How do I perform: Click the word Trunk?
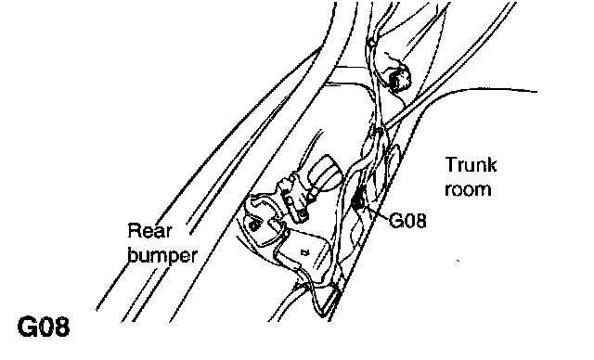click(x=471, y=165)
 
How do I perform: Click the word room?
click(x=468, y=189)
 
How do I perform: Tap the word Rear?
click(x=150, y=231)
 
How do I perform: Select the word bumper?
click(x=162, y=256)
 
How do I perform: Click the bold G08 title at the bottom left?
click(x=44, y=328)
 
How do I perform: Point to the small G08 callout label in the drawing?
click(x=407, y=220)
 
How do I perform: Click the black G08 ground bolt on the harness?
click(x=356, y=202)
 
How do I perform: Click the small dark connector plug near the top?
click(x=399, y=79)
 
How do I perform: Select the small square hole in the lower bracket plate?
click(x=304, y=251)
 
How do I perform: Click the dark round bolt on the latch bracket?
click(x=255, y=225)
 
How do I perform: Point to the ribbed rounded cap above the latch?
click(x=326, y=171)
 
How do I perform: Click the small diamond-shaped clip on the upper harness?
click(x=371, y=43)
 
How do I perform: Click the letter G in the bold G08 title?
click(x=27, y=328)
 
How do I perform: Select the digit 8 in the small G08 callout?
click(x=420, y=221)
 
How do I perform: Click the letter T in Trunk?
click(x=451, y=165)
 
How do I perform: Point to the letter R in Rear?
click(x=134, y=231)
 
